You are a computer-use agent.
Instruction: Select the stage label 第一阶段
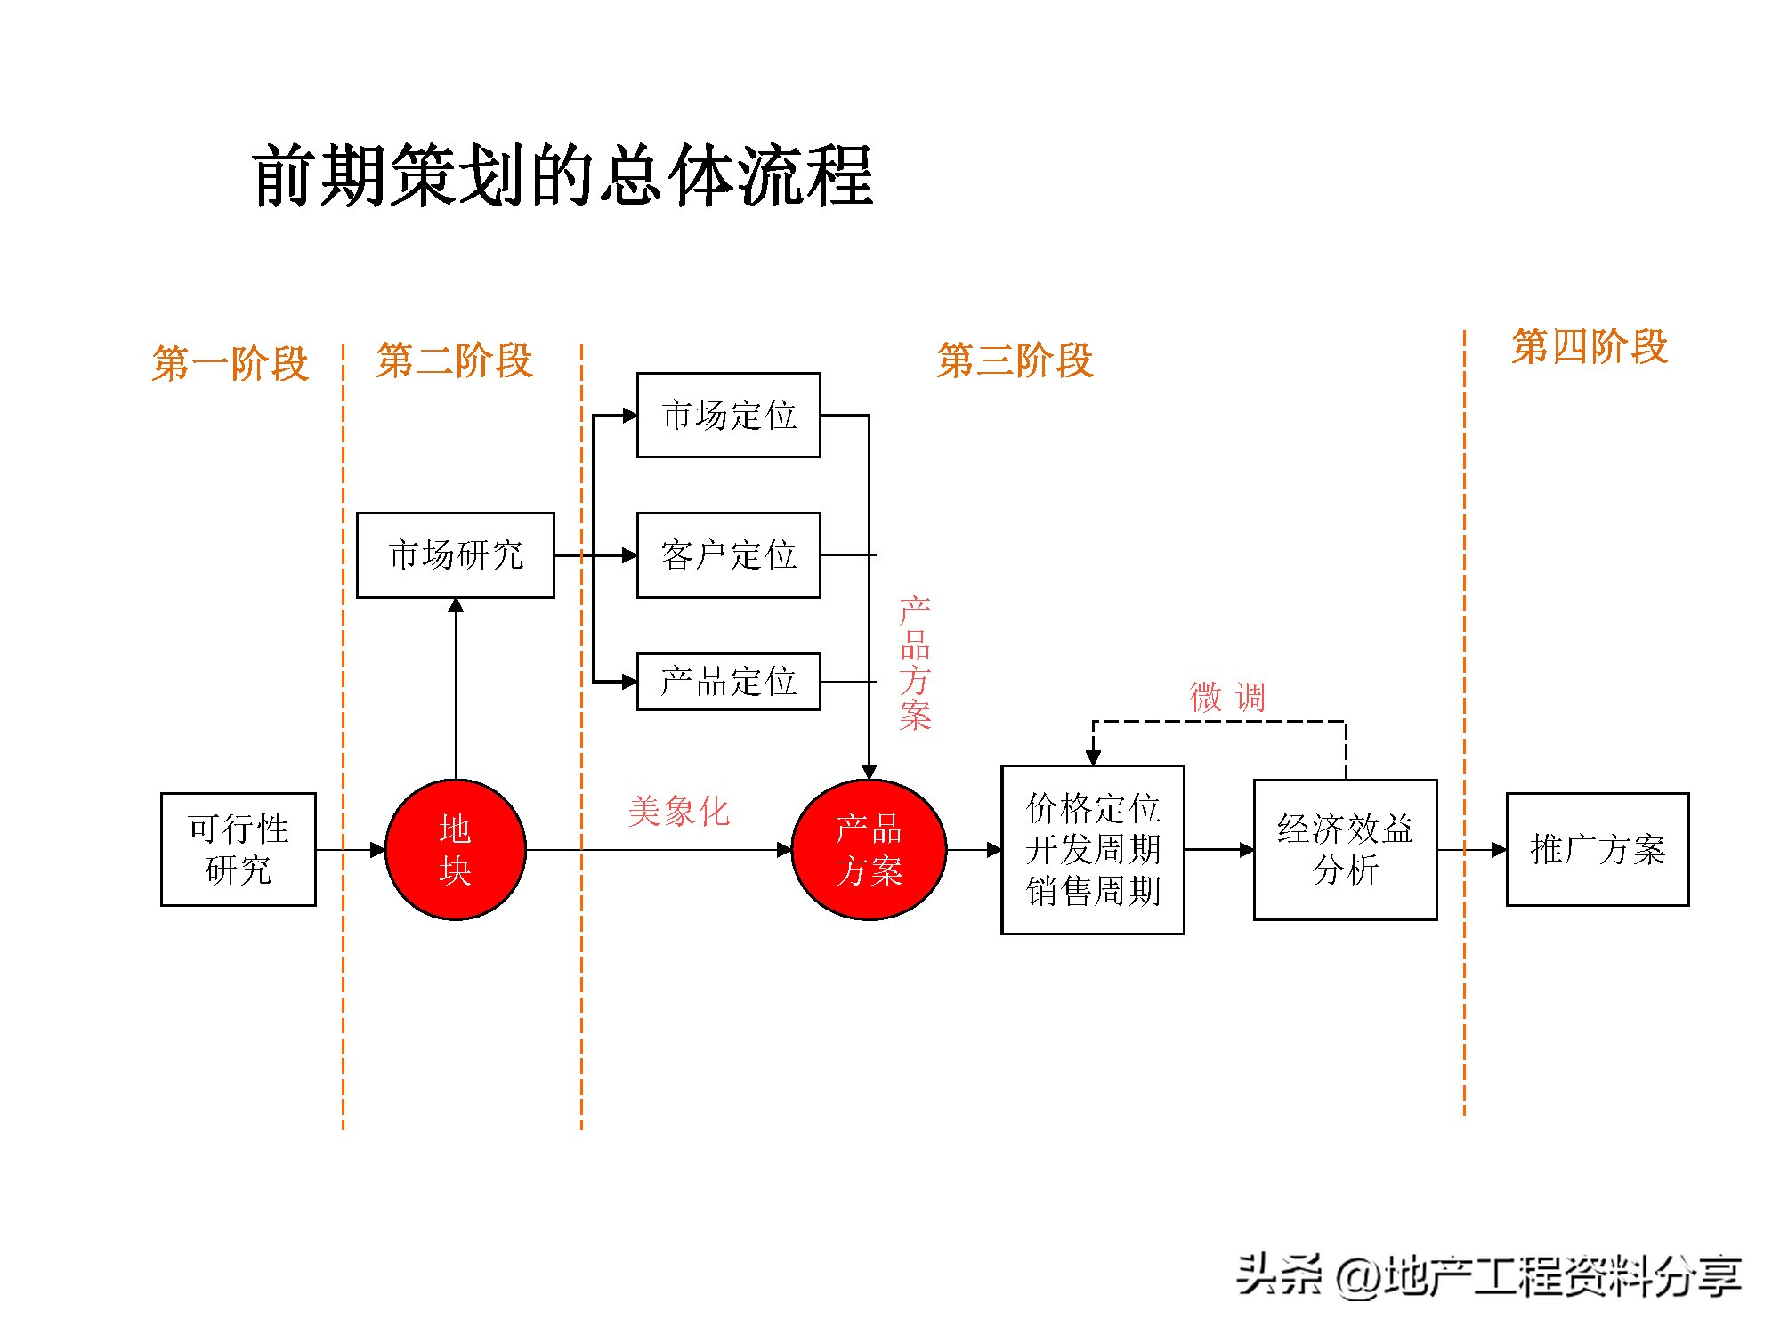point(231,363)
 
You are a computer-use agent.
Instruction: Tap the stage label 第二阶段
point(454,360)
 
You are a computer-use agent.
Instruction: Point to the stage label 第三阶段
point(1015,360)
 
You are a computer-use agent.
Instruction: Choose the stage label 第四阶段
point(1590,346)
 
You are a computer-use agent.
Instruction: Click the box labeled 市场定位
point(728,416)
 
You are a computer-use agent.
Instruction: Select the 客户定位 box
point(728,555)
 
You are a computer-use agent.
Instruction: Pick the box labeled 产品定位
point(728,682)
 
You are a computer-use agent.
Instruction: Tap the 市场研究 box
point(455,555)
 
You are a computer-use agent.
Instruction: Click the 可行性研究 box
point(238,849)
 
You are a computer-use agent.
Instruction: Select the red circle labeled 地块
point(455,849)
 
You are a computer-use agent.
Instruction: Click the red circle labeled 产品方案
point(869,849)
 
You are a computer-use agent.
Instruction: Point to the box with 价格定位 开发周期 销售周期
point(1092,849)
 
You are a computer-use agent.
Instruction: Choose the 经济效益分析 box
point(1345,849)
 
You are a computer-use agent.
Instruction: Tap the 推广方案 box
point(1598,849)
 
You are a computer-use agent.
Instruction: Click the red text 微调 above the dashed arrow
point(1227,697)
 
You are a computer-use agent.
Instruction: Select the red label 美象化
point(678,812)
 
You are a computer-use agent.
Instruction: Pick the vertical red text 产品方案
point(915,664)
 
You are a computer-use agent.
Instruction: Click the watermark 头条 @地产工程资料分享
point(1488,1275)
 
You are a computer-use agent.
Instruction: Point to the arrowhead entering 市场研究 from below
point(456,606)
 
